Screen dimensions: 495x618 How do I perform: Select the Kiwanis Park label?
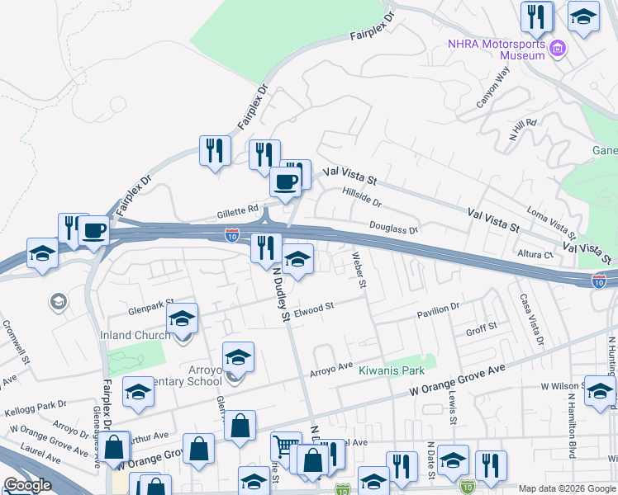point(391,371)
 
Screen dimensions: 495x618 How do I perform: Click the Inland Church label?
point(135,335)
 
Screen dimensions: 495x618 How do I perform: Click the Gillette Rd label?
point(238,209)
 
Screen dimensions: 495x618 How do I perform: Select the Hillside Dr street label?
point(361,196)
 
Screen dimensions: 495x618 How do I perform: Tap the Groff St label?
point(481,328)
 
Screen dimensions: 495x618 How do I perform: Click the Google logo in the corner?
point(27,485)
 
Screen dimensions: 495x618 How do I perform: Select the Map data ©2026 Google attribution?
point(566,488)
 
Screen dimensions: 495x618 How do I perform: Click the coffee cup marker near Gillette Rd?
point(286,182)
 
